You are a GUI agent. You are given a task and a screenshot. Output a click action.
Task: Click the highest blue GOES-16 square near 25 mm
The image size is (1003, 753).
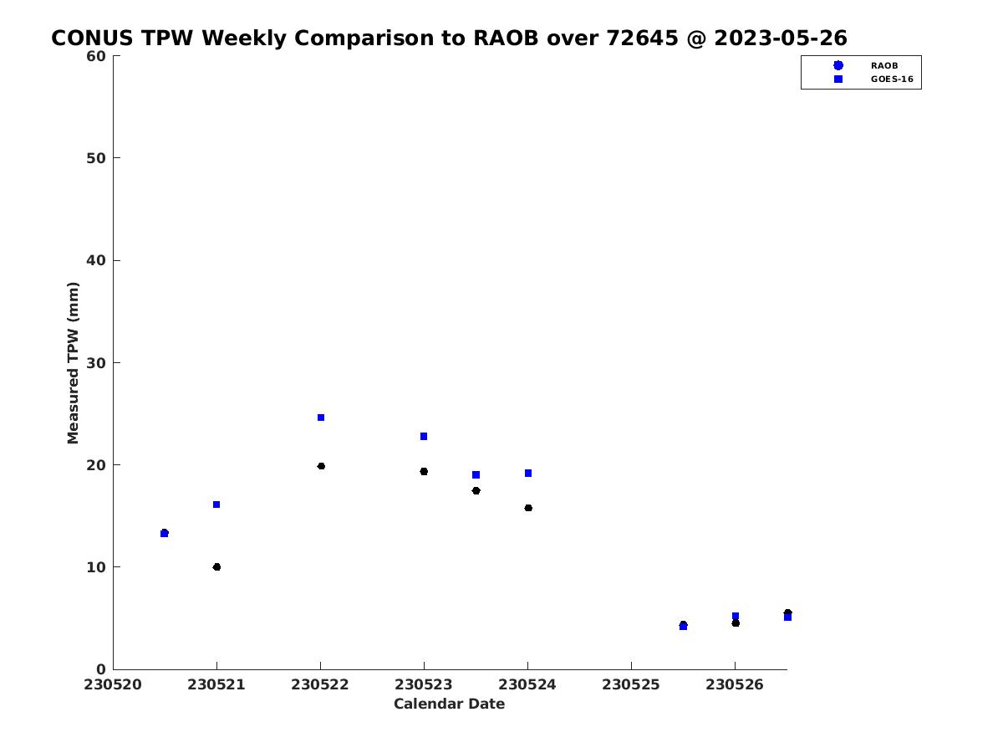click(x=321, y=417)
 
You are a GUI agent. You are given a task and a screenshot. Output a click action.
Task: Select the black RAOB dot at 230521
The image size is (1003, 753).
click(x=216, y=567)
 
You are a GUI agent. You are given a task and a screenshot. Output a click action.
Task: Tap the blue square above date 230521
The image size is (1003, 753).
click(x=216, y=505)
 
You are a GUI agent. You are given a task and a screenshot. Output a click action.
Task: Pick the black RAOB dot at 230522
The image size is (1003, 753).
click(x=321, y=466)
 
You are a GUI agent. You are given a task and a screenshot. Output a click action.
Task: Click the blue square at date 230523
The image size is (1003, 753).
click(x=424, y=436)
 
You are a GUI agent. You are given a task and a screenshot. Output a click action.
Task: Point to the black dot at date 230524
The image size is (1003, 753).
click(x=528, y=508)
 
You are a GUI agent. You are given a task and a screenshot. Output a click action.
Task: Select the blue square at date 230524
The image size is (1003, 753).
click(x=528, y=474)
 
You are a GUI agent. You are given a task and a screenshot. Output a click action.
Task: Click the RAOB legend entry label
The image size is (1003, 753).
click(x=884, y=66)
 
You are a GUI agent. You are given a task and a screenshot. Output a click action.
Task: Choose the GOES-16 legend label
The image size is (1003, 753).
click(x=892, y=79)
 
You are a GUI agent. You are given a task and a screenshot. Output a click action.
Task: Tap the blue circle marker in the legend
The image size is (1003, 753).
click(x=838, y=65)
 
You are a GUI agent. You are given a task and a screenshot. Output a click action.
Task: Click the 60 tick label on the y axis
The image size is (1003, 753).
click(x=96, y=56)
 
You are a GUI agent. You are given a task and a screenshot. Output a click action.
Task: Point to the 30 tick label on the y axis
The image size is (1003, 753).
click(x=96, y=362)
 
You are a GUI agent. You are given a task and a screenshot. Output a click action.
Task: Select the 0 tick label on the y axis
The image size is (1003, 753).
click(x=101, y=669)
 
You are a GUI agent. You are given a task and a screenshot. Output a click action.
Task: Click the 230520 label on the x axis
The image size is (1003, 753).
click(x=113, y=684)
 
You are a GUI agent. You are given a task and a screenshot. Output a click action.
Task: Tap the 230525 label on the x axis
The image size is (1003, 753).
click(x=631, y=684)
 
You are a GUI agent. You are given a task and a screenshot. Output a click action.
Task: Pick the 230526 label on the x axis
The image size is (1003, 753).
click(x=735, y=684)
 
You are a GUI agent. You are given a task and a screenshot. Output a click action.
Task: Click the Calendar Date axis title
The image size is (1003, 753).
click(x=449, y=704)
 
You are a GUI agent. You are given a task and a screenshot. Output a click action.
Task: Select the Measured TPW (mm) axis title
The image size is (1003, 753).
click(x=73, y=362)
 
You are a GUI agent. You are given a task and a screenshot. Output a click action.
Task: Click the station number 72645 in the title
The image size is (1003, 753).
click(x=642, y=38)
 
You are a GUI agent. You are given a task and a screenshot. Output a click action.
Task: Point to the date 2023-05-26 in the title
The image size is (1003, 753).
click(x=781, y=38)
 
